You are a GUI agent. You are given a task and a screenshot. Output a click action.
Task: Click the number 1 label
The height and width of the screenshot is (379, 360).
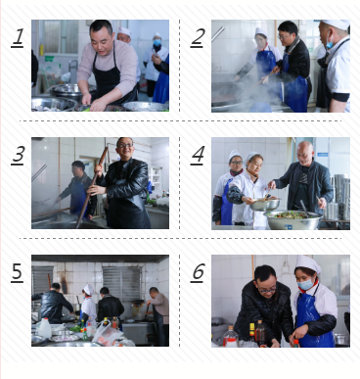(18, 38)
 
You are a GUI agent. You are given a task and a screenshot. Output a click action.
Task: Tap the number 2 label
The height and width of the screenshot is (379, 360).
(198, 38)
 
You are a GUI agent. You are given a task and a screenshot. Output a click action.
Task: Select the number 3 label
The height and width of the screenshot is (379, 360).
(18, 155)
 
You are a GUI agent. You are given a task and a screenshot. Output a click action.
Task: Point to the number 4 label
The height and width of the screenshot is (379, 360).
(198, 155)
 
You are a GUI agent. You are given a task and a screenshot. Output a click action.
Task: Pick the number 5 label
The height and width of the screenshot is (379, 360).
(18, 272)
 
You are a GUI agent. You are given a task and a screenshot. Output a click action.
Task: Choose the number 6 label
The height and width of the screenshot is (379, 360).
(198, 272)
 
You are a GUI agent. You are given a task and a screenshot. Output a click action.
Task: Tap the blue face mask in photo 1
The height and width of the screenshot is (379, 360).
(157, 42)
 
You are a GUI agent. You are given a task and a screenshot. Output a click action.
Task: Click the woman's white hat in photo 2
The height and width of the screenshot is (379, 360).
(261, 32)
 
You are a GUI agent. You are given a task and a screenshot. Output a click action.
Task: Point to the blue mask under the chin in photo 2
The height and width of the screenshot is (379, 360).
(330, 43)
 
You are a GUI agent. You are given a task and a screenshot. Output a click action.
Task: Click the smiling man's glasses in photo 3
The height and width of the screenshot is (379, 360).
(125, 146)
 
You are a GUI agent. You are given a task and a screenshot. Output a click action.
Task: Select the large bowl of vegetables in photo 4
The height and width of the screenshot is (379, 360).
(292, 219)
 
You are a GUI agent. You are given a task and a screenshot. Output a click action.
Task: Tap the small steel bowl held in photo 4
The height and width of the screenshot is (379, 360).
(265, 205)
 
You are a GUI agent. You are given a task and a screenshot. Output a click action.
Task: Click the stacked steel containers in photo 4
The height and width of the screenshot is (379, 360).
(339, 197)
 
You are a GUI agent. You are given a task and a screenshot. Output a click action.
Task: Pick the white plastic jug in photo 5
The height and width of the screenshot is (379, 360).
(45, 328)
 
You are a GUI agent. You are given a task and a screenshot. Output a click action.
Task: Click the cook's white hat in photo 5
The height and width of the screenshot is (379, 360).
(88, 290)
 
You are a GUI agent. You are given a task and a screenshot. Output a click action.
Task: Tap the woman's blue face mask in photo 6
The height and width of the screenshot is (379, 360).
(306, 284)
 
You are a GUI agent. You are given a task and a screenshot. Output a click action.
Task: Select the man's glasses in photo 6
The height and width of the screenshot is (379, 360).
(267, 290)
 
